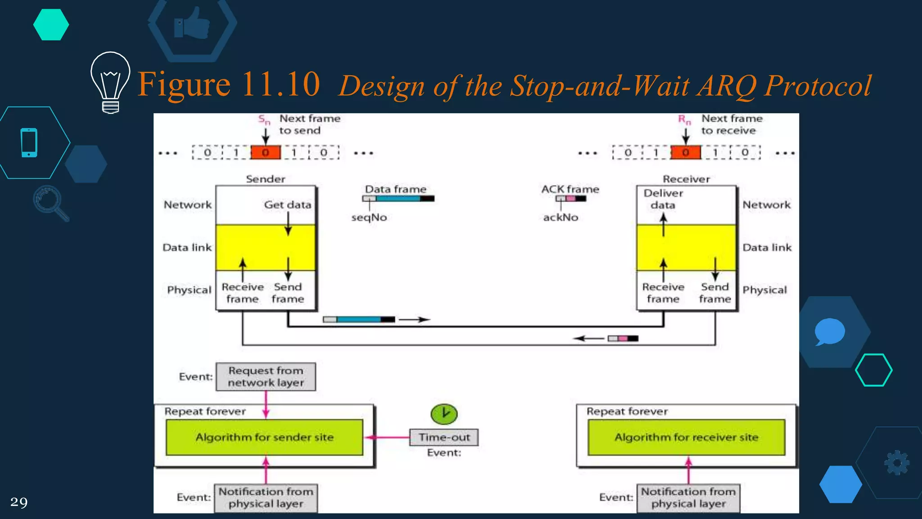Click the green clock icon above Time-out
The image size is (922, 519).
pos(444,414)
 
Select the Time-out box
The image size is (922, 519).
pos(444,437)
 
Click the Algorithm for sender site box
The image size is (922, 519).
pos(264,437)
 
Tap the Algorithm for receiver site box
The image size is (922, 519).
pos(686,437)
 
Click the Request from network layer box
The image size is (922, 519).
pos(266,377)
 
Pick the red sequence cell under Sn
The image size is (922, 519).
pos(266,152)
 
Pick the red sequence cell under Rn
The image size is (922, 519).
pos(686,152)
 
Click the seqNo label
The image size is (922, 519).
pos(369,217)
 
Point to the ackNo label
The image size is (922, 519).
pos(560,217)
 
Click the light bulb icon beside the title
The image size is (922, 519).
pos(110,81)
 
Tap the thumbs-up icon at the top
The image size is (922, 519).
pos(192,23)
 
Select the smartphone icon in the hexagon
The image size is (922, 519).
pos(29,143)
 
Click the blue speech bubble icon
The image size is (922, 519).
pos(829,332)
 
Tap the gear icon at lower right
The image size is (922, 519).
pos(897,463)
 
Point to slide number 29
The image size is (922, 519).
pos(19,502)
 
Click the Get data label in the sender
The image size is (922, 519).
pos(288,205)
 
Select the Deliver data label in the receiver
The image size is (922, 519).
pos(663,199)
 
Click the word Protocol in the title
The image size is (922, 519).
pos(818,86)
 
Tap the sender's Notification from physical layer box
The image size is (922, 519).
pos(266,498)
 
